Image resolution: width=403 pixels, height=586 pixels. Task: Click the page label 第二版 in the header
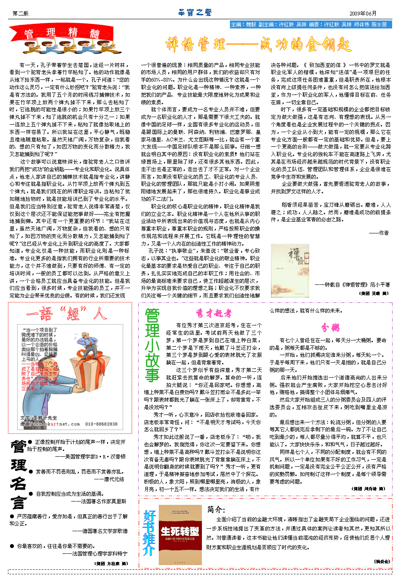[x=21, y=13]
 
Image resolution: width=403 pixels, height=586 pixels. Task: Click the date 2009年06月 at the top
[x=363, y=13]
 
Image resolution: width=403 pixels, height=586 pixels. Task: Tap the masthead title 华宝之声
[x=195, y=13]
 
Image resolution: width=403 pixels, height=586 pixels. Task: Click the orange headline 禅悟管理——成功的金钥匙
[x=258, y=44]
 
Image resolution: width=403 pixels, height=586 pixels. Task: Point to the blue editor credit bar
[x=310, y=25]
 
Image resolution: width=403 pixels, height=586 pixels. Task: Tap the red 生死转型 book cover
[x=180, y=535]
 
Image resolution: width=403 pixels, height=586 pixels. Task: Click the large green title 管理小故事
[x=152, y=345]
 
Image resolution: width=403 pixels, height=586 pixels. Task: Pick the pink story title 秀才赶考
[x=213, y=313]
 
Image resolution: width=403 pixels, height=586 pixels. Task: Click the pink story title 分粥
[x=331, y=327]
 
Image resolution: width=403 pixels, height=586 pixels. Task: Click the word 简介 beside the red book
[x=216, y=509]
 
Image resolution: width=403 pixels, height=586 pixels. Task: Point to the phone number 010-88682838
[x=101, y=424]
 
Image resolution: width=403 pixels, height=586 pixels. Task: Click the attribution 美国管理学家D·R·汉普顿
[x=90, y=456]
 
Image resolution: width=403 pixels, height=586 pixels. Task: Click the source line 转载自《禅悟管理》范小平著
[x=352, y=284]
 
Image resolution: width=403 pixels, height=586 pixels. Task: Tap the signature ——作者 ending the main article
[x=379, y=233]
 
